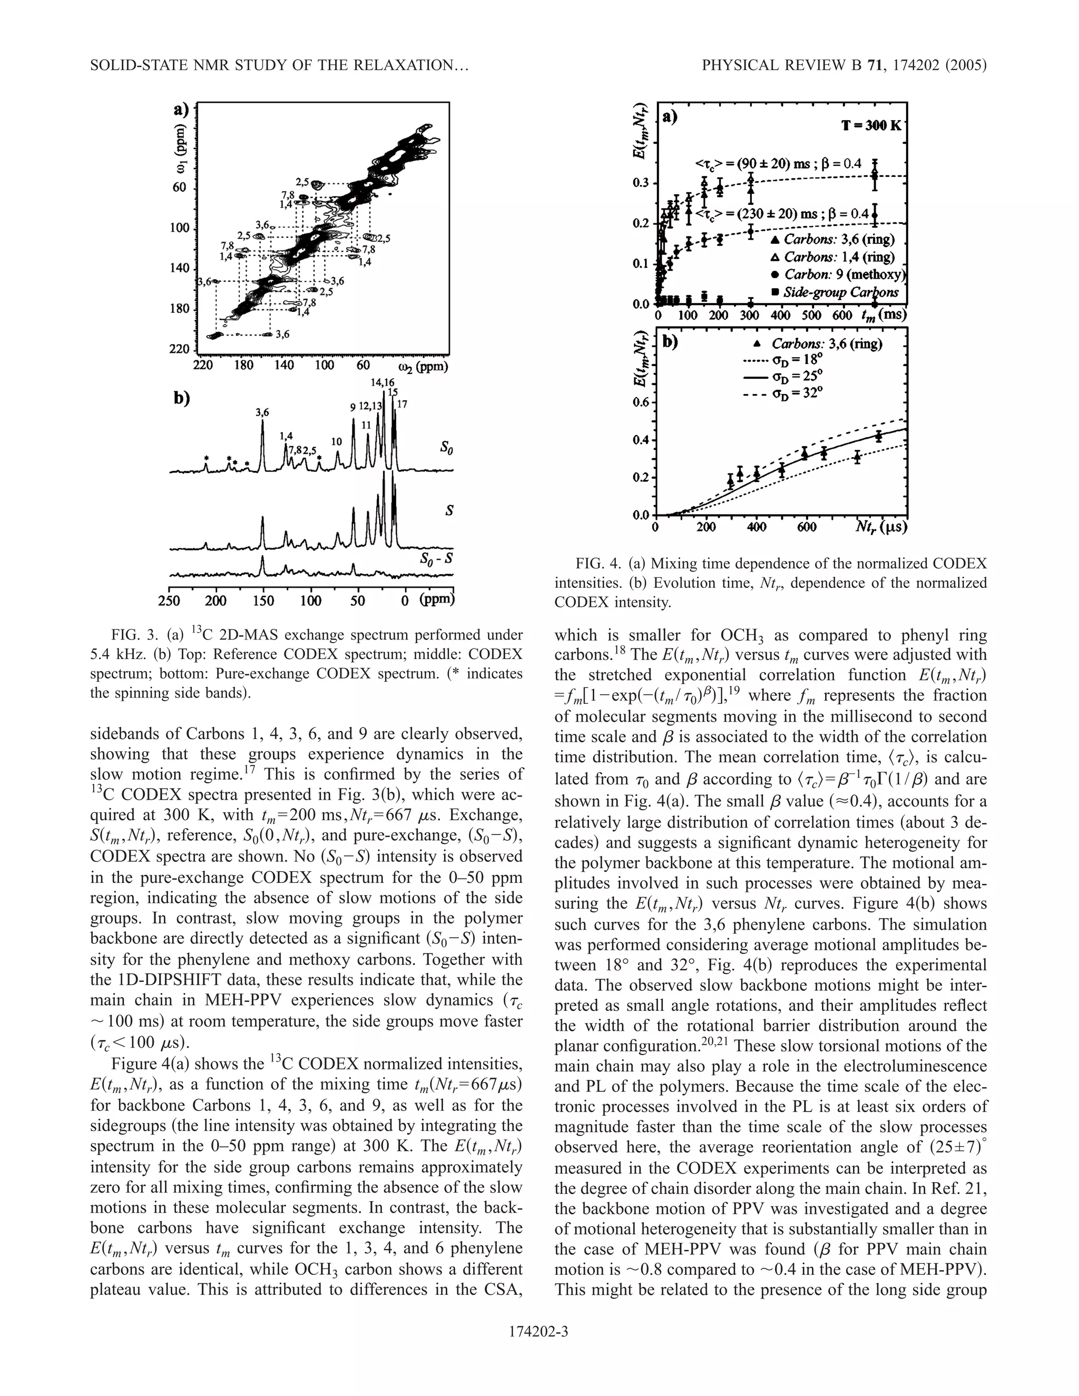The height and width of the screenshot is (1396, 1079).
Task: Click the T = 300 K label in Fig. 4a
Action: point(870,125)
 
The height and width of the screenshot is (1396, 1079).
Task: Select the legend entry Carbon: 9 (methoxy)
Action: point(839,275)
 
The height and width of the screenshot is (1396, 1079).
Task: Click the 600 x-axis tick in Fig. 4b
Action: point(807,528)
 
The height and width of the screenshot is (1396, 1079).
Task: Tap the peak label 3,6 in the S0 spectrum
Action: point(262,413)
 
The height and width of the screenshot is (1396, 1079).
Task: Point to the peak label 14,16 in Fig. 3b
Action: point(383,382)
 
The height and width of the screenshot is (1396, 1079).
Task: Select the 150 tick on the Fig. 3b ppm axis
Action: point(263,602)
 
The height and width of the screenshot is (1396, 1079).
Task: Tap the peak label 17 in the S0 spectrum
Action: point(402,405)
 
